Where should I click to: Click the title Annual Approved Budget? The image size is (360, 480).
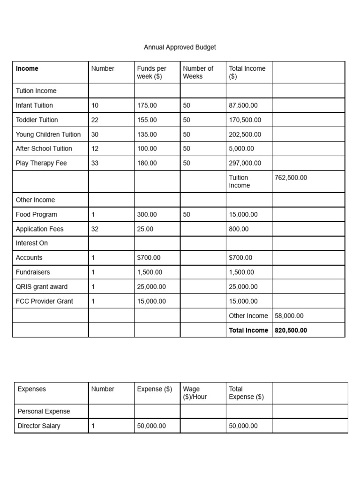[180, 47]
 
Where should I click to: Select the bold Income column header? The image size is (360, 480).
[27, 68]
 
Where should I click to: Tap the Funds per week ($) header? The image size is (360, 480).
[151, 72]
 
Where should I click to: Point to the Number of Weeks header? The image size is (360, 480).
[198, 72]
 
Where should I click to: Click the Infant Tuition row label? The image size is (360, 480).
[34, 105]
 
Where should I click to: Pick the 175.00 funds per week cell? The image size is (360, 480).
[147, 105]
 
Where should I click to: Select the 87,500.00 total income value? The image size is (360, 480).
[243, 105]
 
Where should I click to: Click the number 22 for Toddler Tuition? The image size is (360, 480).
[95, 120]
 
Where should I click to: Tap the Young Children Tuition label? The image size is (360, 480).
[48, 135]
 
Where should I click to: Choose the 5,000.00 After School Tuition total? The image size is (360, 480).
[241, 149]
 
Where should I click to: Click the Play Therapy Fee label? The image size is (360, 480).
[41, 163]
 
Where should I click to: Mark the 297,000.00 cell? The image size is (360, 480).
[245, 163]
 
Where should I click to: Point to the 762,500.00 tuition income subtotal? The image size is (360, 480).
[291, 178]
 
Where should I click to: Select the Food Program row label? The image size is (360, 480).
[37, 215]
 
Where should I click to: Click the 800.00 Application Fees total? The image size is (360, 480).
[239, 229]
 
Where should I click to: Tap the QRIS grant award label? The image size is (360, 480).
[42, 287]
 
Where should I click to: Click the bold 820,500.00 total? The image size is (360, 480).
[291, 330]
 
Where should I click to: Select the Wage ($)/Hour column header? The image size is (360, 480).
[195, 393]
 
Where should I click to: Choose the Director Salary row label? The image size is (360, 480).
[39, 426]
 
